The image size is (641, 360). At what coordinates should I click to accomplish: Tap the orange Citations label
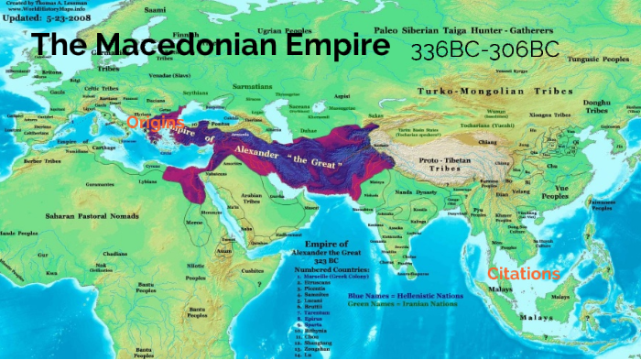coord(523,274)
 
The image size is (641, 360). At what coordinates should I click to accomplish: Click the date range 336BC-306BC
coord(484,49)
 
